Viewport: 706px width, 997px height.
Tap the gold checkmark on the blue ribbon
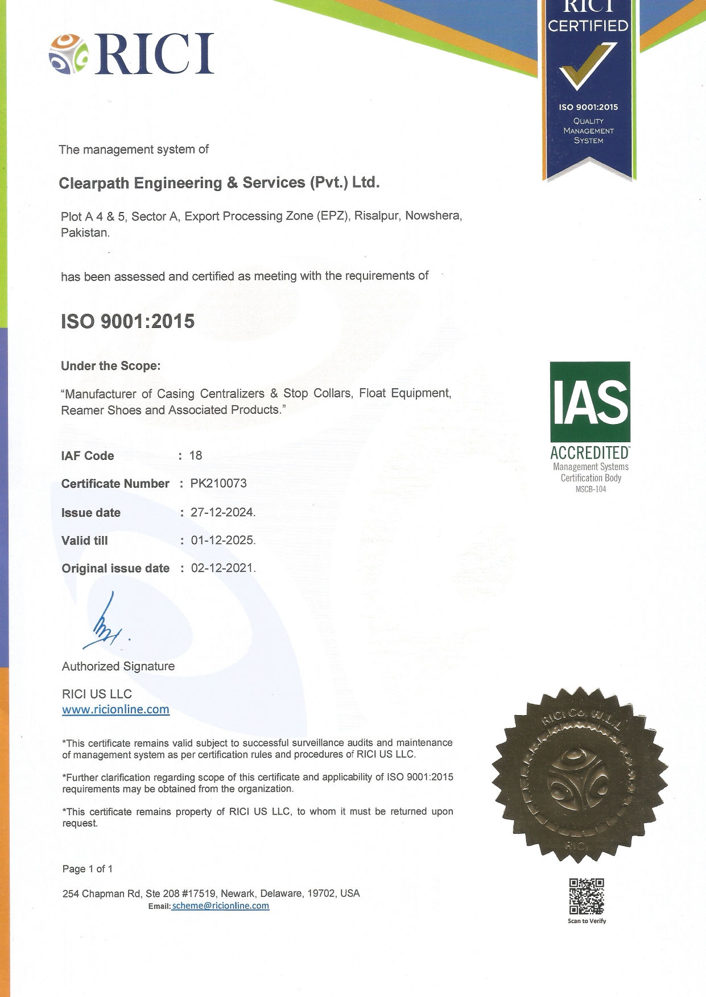point(588,66)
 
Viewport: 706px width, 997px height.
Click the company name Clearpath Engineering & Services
point(219,182)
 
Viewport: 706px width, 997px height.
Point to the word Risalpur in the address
point(377,216)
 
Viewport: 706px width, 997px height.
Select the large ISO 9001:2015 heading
point(127,321)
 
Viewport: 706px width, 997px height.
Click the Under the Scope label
point(110,366)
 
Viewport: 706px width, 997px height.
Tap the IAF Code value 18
point(196,455)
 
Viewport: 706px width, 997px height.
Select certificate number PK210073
point(218,483)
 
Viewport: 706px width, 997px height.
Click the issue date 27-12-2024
point(222,512)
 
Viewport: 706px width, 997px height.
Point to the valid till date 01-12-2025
point(222,540)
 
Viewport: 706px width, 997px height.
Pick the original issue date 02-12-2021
point(223,568)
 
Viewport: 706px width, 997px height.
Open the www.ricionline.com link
point(115,709)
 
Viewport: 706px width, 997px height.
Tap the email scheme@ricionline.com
point(220,905)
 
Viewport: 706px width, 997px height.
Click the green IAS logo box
point(590,401)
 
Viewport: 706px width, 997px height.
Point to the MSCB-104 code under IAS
point(591,489)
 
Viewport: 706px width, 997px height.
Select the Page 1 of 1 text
point(88,869)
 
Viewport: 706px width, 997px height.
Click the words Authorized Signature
point(118,666)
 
